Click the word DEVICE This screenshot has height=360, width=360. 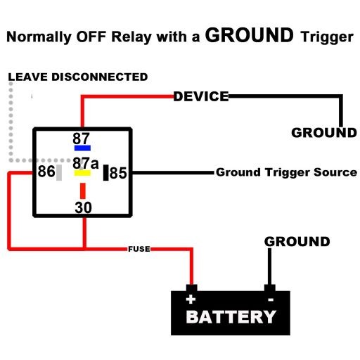pos(201,96)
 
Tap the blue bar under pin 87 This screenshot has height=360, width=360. pos(83,148)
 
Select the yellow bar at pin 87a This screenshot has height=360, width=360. pos(83,172)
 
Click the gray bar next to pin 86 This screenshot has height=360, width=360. pos(60,172)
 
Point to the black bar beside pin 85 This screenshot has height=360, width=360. pos(105,172)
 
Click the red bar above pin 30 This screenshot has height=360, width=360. pos(83,191)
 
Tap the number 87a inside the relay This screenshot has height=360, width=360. pos(84,162)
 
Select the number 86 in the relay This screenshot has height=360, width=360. pos(46,172)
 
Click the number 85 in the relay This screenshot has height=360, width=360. pos(118,172)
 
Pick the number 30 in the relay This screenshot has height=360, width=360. pos(84,207)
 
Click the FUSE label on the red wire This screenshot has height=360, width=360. pos(137,249)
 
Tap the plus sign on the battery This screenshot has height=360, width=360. pos(190,298)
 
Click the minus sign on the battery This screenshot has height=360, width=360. pos(270,298)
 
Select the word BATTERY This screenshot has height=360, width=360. pos(231,317)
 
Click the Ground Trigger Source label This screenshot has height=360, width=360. pos(286,172)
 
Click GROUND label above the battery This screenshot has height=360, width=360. pos(297,242)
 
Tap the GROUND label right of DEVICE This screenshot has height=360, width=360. pos(324,132)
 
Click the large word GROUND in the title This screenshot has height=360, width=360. pos(249,35)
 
